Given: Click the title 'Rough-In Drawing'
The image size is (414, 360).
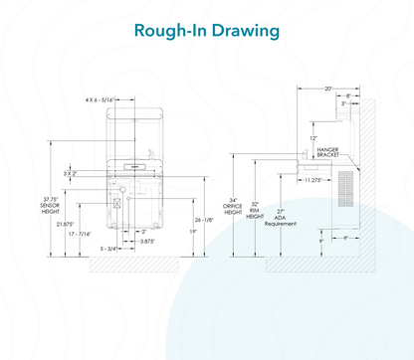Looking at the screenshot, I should click(206, 32).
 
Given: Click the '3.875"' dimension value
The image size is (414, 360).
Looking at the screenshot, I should click(147, 242).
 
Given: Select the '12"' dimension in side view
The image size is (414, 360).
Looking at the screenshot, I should click(313, 137).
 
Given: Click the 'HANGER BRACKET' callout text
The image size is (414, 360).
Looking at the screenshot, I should click(326, 152).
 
